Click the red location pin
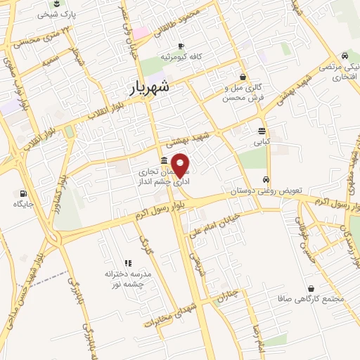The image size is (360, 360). [181, 165]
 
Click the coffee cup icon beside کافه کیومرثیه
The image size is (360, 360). [181, 46]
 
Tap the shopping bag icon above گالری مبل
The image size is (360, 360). [243, 77]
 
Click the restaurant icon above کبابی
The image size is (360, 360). [262, 131]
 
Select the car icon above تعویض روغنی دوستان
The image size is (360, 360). [266, 180]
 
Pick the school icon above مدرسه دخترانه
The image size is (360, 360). [127, 262]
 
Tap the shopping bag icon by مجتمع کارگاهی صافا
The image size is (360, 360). [311, 288]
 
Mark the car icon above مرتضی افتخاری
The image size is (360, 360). [345, 56]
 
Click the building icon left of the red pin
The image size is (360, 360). [164, 160]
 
